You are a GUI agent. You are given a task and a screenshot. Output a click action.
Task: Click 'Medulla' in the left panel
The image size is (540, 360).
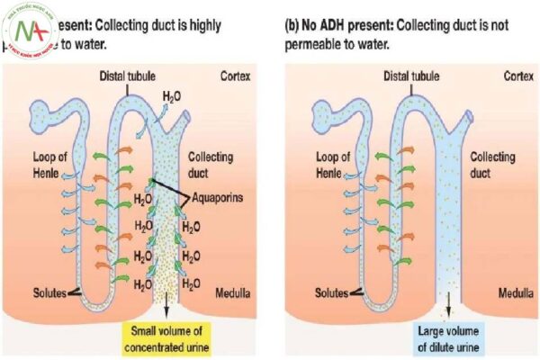[x=237, y=292]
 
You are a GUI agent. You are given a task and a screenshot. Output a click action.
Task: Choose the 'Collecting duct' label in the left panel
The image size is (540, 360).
[x=210, y=163]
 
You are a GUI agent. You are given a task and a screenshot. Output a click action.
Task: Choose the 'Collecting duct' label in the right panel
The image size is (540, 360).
[x=490, y=163]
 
